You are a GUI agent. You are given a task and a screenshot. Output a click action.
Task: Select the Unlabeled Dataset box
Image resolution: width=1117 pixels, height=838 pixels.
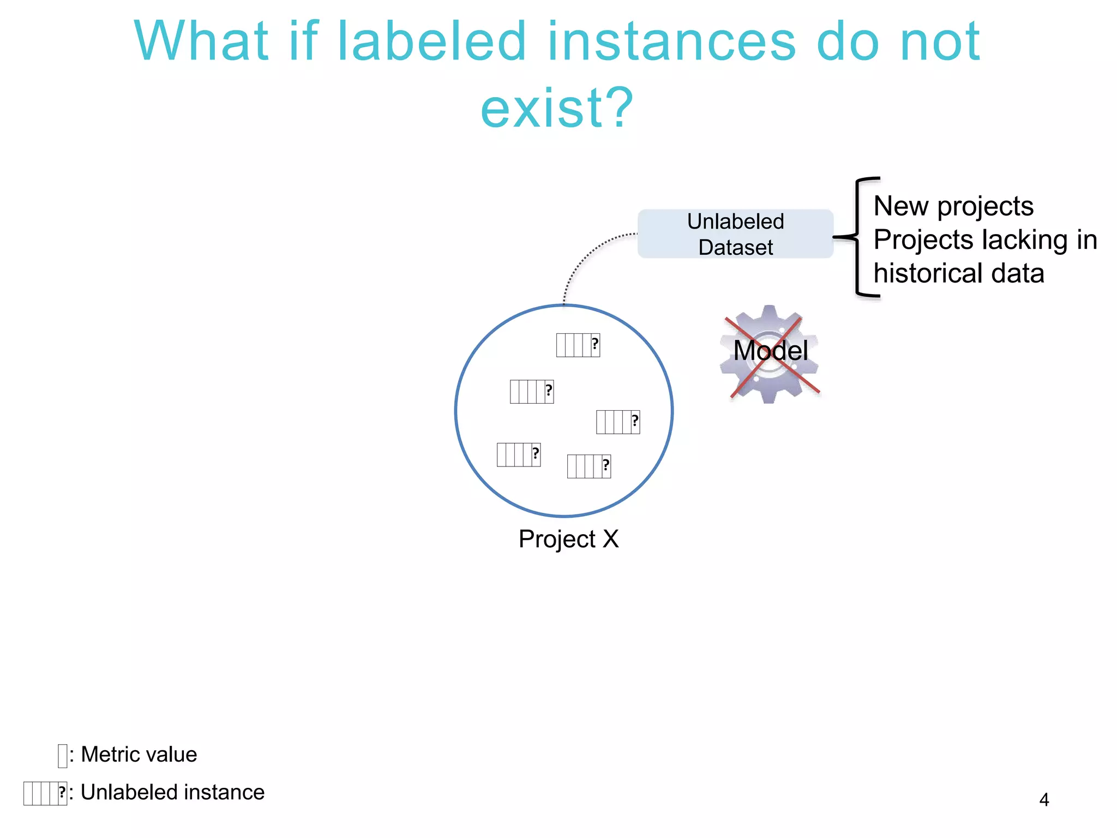point(735,234)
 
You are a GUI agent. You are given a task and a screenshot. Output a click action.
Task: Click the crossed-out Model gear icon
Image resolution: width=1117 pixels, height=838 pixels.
point(770,355)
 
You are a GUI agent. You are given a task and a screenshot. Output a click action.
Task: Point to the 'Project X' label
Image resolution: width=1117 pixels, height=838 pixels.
point(568,539)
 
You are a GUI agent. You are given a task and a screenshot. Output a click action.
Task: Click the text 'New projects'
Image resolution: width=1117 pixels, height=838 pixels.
point(953,206)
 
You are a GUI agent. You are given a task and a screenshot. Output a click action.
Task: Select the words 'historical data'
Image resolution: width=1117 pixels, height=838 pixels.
point(958,273)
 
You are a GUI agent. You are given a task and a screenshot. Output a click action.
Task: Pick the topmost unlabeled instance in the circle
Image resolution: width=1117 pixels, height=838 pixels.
point(578,345)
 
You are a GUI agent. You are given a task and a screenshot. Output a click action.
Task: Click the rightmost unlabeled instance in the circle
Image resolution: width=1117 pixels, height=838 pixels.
point(617,422)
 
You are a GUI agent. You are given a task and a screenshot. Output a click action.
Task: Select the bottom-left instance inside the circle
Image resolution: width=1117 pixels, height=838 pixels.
point(518,454)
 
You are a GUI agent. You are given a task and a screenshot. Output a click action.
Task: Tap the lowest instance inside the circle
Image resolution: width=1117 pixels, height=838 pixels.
point(588,466)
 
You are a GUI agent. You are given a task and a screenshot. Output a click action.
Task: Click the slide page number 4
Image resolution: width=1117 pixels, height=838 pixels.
point(1044,800)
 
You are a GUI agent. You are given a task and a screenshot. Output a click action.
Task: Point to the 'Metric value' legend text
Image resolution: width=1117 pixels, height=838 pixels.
point(139,755)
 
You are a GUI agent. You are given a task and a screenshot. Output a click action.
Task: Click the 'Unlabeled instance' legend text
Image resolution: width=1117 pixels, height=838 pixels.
point(172,792)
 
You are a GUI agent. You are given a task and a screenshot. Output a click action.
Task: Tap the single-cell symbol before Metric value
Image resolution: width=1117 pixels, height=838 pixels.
point(62,756)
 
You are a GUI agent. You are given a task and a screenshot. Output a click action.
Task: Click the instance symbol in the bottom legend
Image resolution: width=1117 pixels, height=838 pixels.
point(45,793)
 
